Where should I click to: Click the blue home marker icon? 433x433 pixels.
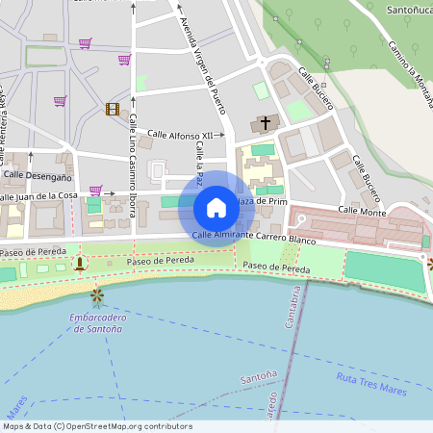tap(216, 208)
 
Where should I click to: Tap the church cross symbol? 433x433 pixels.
tap(265, 124)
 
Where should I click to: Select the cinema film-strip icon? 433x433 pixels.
tap(113, 109)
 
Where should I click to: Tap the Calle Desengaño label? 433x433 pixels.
tap(38, 177)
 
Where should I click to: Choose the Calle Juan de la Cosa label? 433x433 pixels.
tap(38, 196)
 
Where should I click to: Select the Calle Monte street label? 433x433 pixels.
tap(362, 211)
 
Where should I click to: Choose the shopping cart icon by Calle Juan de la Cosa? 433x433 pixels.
tap(95, 191)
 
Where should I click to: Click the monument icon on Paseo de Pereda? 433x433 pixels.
tap(79, 262)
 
